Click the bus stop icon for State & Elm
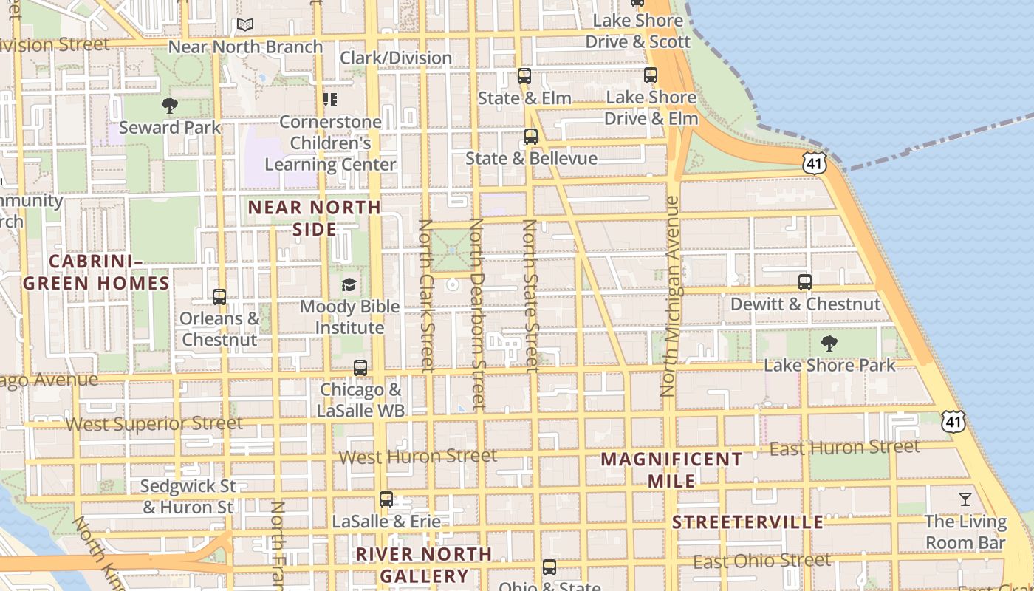tap(524, 75)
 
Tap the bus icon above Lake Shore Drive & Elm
tap(651, 75)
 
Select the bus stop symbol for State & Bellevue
tap(531, 136)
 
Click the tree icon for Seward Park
tap(170, 106)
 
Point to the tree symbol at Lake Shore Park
tap(829, 344)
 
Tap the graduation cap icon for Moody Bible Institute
tap(349, 284)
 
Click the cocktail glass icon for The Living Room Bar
tap(965, 499)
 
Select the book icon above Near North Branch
tap(245, 25)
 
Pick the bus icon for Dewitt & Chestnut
tap(805, 282)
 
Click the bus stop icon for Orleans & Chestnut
tap(219, 297)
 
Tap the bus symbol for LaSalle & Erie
tap(386, 499)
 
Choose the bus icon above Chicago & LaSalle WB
tap(360, 368)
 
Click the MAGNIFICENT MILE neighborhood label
tap(671, 470)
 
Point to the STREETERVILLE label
tap(747, 522)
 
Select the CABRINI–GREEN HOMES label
tap(96, 272)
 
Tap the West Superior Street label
tap(154, 424)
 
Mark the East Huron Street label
tap(845, 448)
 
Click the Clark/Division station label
tap(396, 58)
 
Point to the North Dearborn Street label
tap(476, 313)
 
